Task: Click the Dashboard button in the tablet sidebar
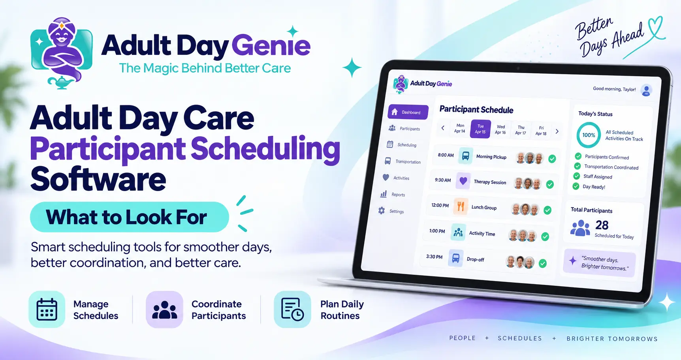[408, 112]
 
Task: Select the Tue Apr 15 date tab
[480, 129]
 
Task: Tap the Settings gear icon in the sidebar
[382, 211]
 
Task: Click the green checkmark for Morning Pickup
[552, 159]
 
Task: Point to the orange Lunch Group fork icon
[461, 206]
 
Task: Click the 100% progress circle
[589, 135]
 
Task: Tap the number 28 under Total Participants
[602, 225]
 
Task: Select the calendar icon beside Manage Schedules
[47, 309]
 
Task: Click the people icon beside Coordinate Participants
[164, 309]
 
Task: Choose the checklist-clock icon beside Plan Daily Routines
[292, 309]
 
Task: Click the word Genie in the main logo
[271, 45]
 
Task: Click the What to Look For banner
[130, 217]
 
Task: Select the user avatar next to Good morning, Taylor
[646, 90]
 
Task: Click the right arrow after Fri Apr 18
[557, 131]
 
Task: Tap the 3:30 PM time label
[434, 257]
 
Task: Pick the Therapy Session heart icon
[463, 181]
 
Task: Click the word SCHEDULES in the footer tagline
[520, 338]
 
